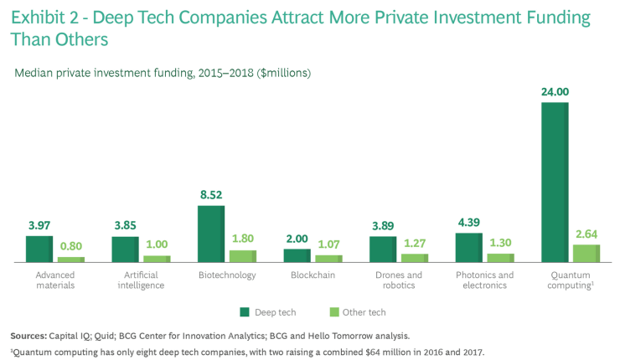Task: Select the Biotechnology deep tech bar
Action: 211,234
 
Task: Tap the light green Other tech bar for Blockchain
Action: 328,259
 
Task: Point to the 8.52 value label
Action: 211,195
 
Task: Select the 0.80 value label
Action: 70,247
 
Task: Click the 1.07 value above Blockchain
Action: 328,244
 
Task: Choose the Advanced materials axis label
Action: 55,280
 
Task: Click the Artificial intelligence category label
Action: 142,280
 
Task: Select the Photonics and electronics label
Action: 485,280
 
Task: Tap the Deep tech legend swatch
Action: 246,311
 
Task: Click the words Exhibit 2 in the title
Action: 49,17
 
